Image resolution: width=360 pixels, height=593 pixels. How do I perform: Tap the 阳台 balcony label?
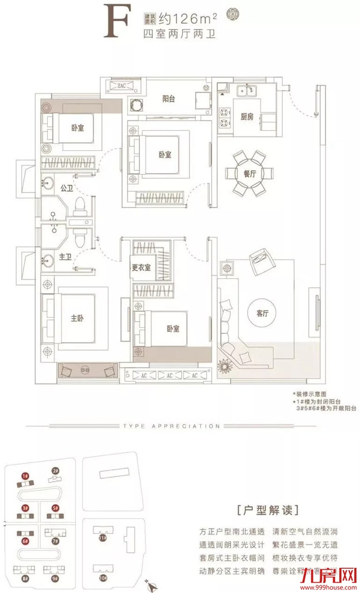168,99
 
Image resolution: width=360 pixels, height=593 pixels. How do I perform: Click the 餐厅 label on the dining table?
249,172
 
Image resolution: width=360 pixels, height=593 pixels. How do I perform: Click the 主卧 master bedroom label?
78,318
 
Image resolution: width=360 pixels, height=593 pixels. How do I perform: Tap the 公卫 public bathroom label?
66,188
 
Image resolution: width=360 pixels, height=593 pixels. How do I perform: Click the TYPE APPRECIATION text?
171,426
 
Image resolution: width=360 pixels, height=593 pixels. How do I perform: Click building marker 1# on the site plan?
25,476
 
